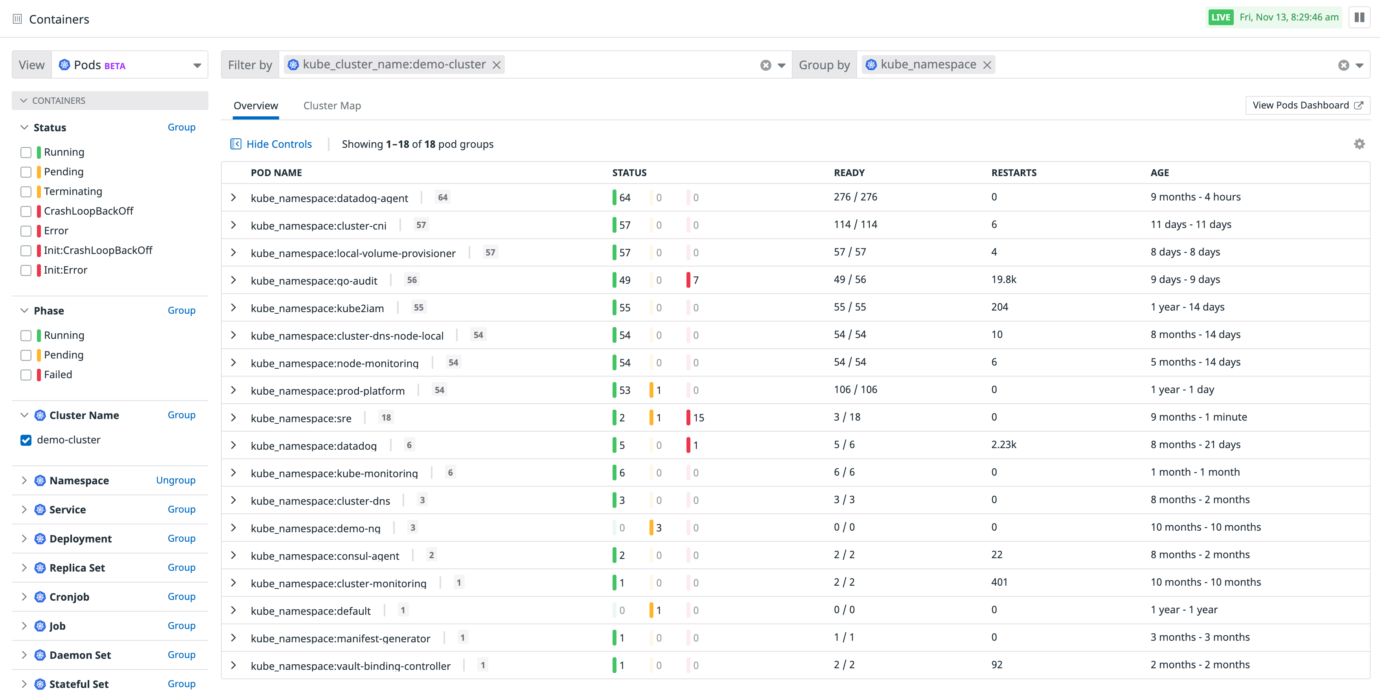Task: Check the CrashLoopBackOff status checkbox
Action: point(26,211)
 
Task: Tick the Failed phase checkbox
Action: point(26,375)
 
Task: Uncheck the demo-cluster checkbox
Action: point(26,440)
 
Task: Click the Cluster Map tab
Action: point(331,105)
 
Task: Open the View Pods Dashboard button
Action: point(1306,105)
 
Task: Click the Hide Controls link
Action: point(278,144)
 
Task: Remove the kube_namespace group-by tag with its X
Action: point(987,65)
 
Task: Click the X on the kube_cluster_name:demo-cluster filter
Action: point(497,65)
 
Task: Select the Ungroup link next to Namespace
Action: point(175,480)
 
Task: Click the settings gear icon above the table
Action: point(1359,144)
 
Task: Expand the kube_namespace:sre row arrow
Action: point(234,417)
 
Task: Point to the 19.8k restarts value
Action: point(1003,279)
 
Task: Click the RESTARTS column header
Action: point(1014,173)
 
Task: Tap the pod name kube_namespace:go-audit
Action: point(314,281)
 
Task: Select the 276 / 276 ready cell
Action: point(855,197)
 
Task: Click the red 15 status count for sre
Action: point(697,417)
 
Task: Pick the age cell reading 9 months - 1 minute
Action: point(1198,417)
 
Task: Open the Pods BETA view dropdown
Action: point(130,65)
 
